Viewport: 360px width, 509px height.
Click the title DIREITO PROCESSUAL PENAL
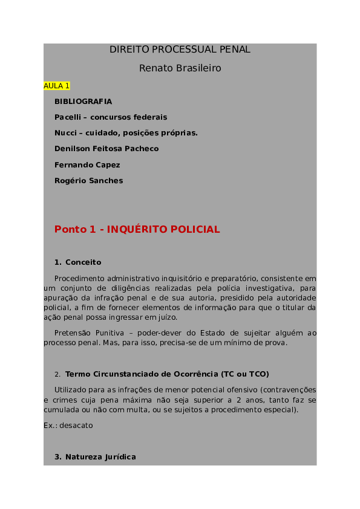[x=180, y=50]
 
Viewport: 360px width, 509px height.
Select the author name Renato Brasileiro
[x=180, y=68]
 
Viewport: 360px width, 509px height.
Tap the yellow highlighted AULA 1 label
[x=57, y=86]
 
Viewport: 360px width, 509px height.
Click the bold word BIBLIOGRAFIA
[x=83, y=102]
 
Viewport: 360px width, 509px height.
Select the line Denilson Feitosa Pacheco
[x=106, y=149]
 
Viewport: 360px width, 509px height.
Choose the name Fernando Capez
[x=87, y=164]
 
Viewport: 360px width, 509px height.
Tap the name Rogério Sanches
[x=88, y=180]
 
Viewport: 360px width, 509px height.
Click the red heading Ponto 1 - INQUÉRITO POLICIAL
[x=137, y=230]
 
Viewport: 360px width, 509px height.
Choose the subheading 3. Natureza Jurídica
[x=95, y=457]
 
